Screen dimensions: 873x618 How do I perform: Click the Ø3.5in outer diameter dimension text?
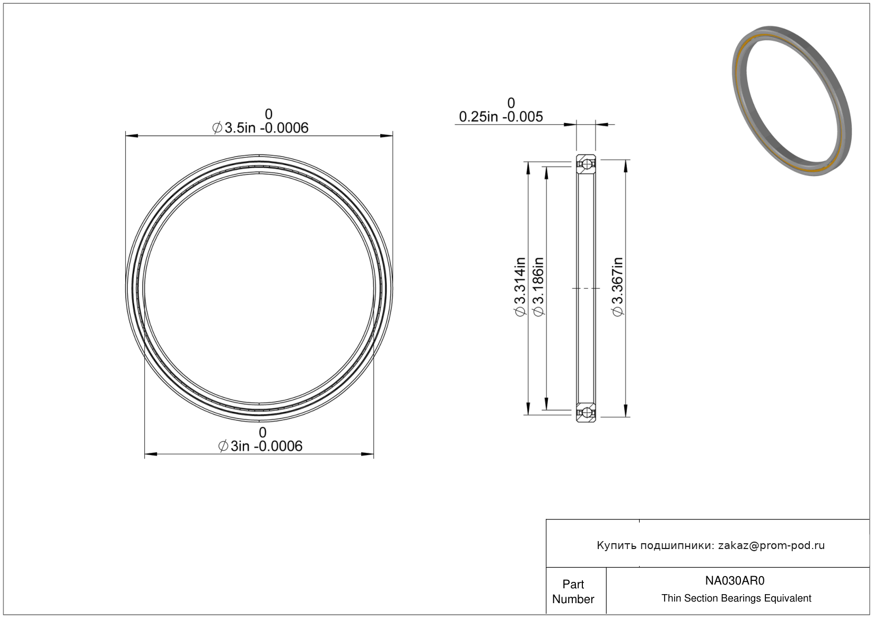coord(260,128)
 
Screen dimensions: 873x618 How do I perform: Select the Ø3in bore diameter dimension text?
coord(260,446)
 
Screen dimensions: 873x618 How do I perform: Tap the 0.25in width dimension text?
coord(501,117)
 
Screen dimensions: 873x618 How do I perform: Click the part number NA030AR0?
coord(735,580)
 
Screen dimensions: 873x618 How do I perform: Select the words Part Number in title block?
coord(573,591)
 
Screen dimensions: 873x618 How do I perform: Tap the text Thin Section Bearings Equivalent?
coord(736,598)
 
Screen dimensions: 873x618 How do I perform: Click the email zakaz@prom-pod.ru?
coord(771,545)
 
